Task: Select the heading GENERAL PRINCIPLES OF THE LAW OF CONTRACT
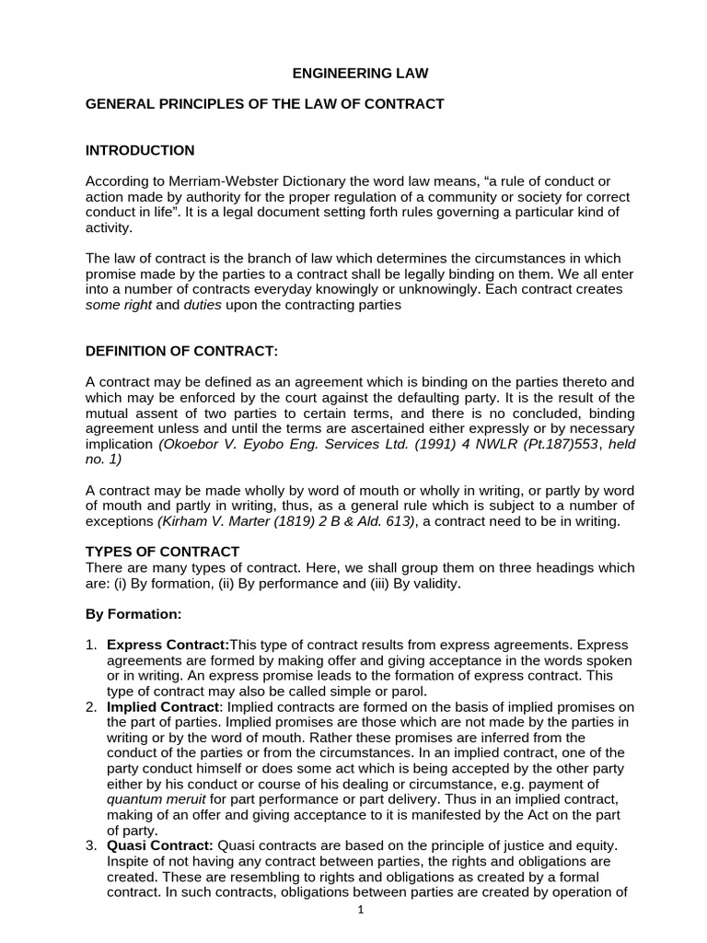click(x=264, y=104)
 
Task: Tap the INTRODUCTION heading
click(x=140, y=150)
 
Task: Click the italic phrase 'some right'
click(x=117, y=305)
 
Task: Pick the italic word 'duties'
click(x=203, y=305)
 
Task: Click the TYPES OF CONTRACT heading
click(x=162, y=552)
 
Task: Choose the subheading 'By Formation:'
click(x=133, y=612)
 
